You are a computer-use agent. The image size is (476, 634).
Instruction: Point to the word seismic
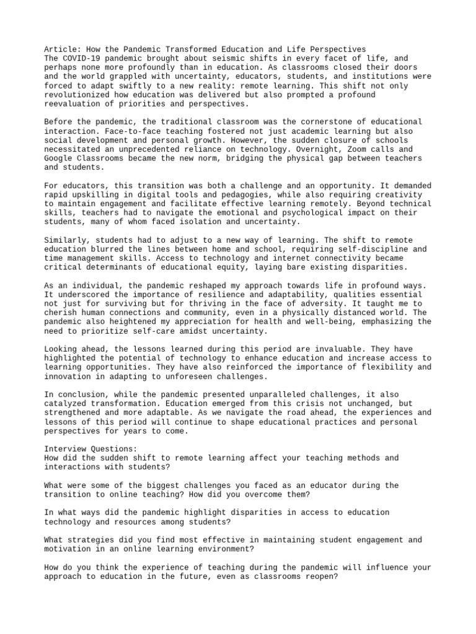coord(208,58)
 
